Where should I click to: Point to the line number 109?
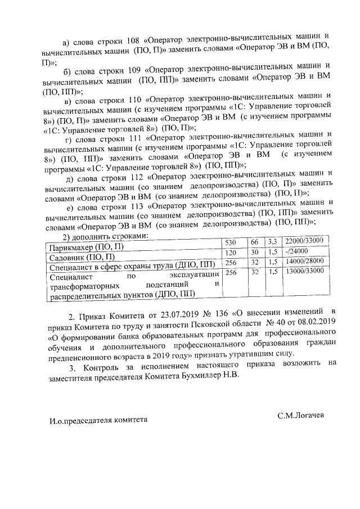130,70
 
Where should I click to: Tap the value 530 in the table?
231,243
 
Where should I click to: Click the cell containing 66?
254,242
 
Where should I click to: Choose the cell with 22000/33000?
303,241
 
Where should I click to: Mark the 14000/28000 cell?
303,262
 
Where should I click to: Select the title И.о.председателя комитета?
98,419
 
